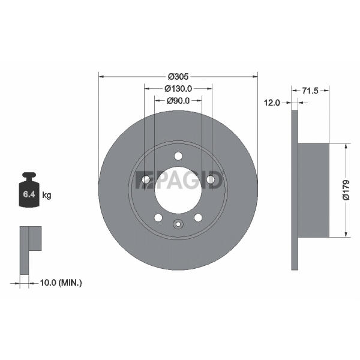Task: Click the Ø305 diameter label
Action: [178, 76]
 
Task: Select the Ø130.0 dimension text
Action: [178, 89]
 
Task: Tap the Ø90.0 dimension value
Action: [178, 101]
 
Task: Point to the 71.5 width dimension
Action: [310, 91]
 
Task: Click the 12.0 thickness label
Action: [272, 103]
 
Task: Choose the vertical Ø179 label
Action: [346, 190]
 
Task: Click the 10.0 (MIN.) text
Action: [61, 283]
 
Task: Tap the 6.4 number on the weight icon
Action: [29, 194]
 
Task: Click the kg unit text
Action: [47, 196]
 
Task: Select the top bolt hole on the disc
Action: [178, 156]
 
